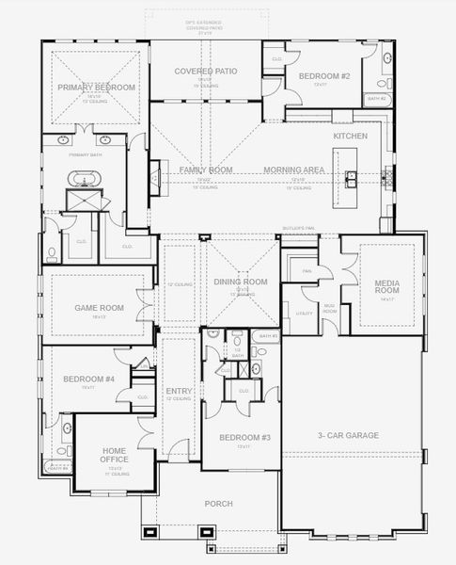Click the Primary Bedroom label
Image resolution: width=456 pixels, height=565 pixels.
(x=96, y=88)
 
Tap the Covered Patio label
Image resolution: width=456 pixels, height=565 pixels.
(x=205, y=72)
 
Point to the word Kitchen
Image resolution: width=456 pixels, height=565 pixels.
(x=350, y=137)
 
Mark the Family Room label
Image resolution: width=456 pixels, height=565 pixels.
(x=206, y=169)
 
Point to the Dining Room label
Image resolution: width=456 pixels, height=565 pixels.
(x=241, y=282)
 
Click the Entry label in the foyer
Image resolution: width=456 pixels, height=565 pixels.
(x=179, y=391)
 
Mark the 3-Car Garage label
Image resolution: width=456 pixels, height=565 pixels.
(x=348, y=436)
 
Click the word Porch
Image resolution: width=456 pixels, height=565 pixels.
(x=218, y=504)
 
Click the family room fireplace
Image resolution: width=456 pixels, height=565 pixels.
(x=154, y=177)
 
